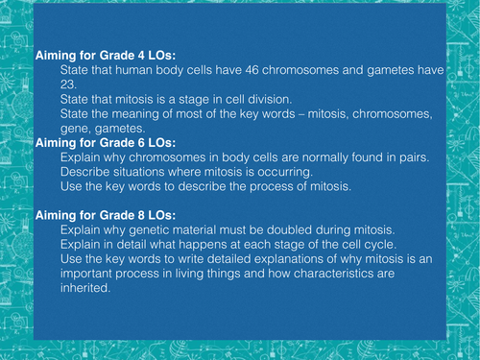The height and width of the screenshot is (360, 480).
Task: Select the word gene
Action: pos(75,128)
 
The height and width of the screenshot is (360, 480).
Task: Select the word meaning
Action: pos(140,114)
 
